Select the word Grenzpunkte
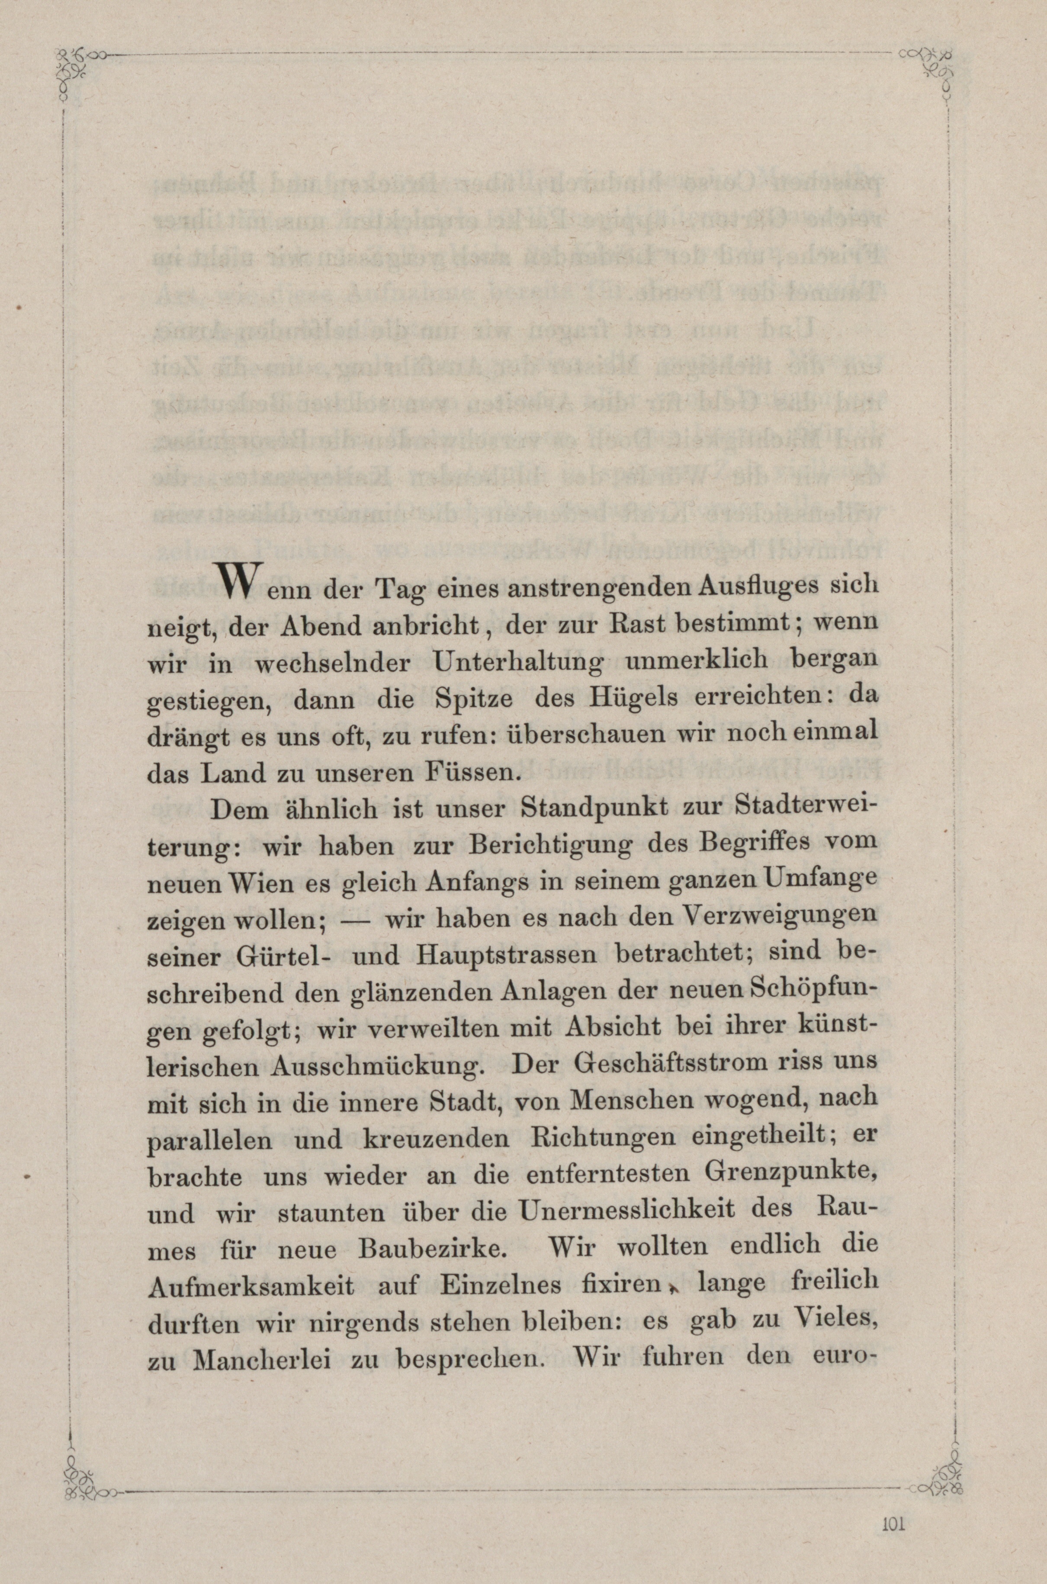tap(789, 1176)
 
